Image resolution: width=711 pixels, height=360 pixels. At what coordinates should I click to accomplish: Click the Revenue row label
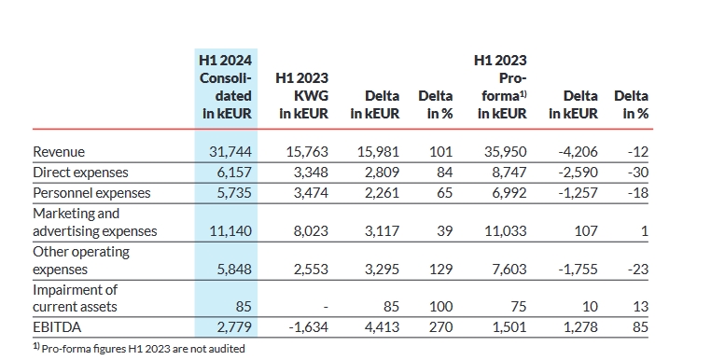click(x=59, y=152)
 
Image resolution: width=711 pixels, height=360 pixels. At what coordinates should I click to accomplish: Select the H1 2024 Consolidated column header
click(x=226, y=87)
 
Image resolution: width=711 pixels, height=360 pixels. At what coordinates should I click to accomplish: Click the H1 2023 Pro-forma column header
click(x=501, y=87)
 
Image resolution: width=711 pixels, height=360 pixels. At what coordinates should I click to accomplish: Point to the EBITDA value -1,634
click(x=304, y=327)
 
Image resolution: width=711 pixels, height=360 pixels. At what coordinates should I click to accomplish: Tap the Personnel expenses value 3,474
click(x=308, y=193)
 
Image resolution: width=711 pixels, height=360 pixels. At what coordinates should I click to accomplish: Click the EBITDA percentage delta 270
click(x=441, y=327)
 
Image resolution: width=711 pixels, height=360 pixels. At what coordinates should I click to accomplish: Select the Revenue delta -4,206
click(x=577, y=152)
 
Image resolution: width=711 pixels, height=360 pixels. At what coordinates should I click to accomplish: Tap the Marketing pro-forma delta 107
click(x=585, y=230)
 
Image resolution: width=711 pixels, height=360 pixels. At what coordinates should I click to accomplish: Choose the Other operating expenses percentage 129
click(x=441, y=269)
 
